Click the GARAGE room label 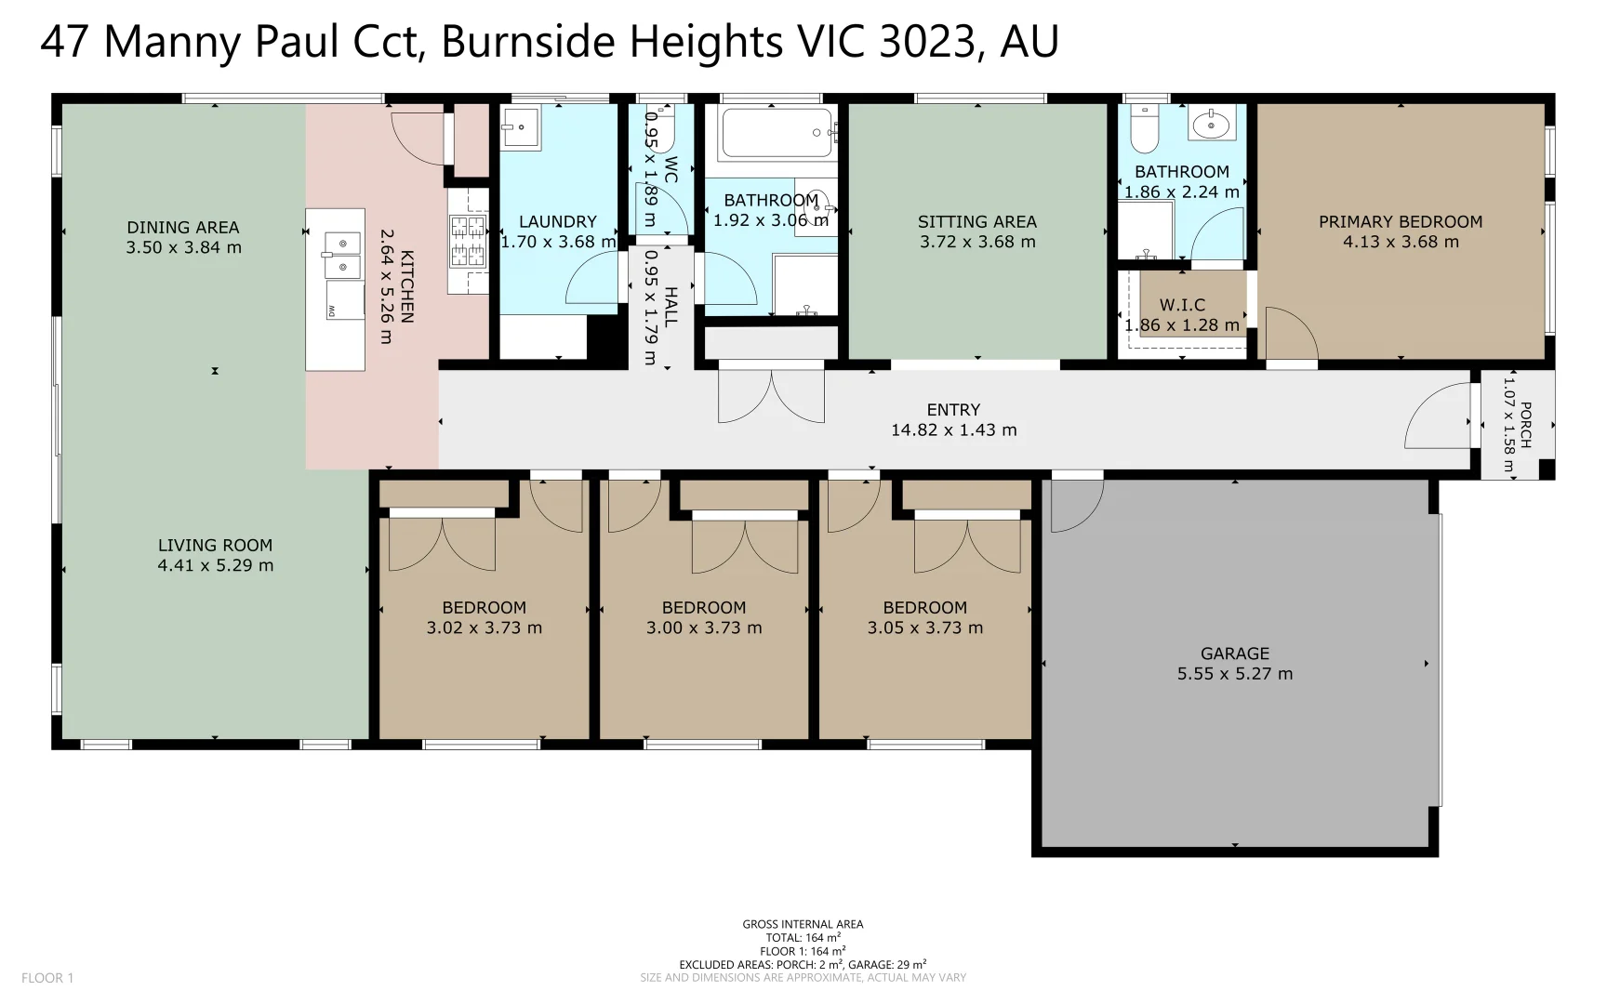coord(1234,654)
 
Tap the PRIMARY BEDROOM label coord(1400,221)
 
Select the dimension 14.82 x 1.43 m coord(953,430)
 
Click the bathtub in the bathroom coord(777,132)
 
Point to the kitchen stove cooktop coord(468,240)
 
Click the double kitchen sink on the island coord(341,255)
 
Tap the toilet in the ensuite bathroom coord(1144,130)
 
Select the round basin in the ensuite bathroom coord(1212,122)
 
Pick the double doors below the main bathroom coord(771,394)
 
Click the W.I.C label coord(1182,305)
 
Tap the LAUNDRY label coord(557,221)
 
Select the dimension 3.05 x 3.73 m coord(924,627)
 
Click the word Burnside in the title coord(530,42)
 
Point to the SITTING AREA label coord(976,221)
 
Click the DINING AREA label coord(183,227)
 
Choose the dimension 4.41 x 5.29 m coord(215,565)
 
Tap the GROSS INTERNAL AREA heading coord(803,924)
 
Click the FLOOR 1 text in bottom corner coord(47,978)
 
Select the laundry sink coord(521,126)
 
